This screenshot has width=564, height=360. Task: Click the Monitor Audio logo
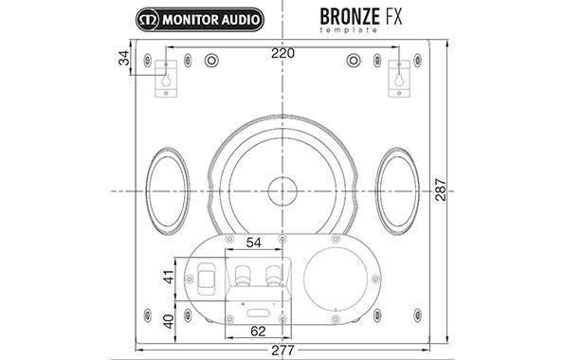point(198,18)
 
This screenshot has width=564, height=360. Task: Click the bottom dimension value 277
point(282,351)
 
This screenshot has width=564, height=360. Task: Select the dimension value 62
point(255,332)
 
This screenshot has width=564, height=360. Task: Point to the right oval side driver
point(397,189)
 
